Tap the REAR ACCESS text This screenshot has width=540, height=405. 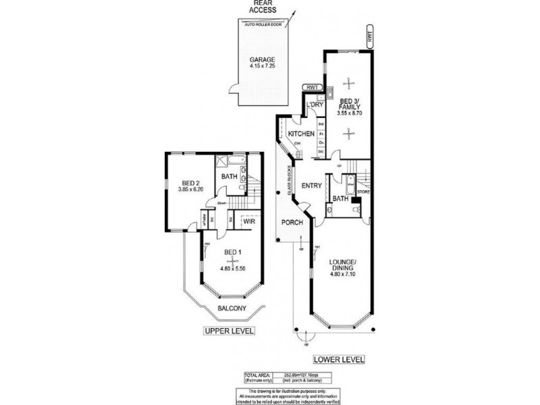264,9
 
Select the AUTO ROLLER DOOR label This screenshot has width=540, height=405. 263,23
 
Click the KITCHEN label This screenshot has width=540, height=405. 300,134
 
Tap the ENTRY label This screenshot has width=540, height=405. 311,186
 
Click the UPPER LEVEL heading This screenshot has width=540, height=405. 229,331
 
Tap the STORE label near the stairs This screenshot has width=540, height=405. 364,192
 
